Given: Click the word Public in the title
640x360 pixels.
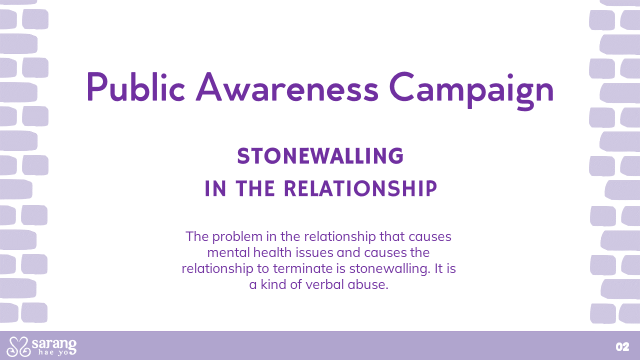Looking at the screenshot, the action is click(x=136, y=87).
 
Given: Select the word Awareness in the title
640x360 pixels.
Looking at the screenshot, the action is click(x=287, y=87).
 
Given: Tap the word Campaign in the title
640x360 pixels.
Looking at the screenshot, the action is click(x=471, y=90).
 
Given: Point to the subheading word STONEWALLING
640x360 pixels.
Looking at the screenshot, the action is click(x=320, y=156).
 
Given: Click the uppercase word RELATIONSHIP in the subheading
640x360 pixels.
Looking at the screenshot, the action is click(x=360, y=188).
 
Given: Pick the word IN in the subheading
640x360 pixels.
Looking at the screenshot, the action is click(x=215, y=188).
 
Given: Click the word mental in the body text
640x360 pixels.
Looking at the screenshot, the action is click(x=228, y=252).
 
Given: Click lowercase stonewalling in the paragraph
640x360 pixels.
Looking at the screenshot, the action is click(x=389, y=269).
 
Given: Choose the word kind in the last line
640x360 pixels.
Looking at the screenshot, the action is click(x=273, y=284).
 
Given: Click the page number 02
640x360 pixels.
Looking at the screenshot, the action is click(x=622, y=347).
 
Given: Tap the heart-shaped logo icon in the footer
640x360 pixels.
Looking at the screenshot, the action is click(x=19, y=346).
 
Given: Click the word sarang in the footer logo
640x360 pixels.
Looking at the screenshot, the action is click(x=54, y=343).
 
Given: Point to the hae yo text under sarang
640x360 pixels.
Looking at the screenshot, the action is click(x=54, y=352).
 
